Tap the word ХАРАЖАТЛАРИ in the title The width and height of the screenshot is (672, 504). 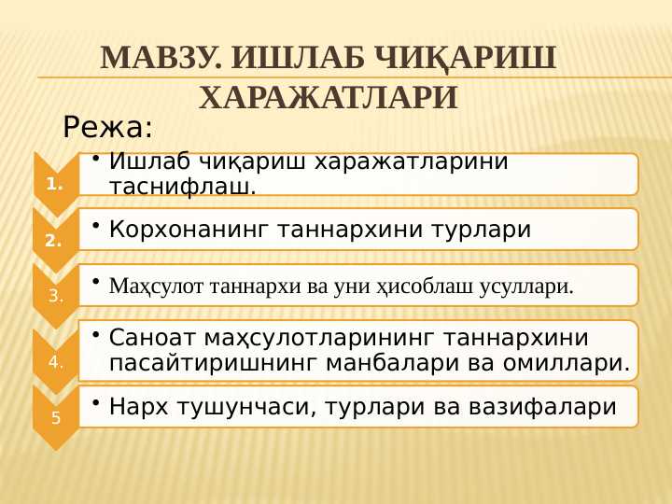click(329, 98)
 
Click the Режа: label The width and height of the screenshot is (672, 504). click(107, 127)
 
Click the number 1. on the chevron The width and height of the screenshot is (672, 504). click(54, 185)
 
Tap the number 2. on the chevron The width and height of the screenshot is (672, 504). click(53, 241)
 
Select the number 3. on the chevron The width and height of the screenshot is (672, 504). click(56, 296)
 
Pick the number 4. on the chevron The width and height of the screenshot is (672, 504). click(56, 362)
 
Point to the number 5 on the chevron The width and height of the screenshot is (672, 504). click(56, 417)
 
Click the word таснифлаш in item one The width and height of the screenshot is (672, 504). click(183, 187)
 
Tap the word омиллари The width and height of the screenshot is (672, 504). click(567, 363)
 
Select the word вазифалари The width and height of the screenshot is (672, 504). click(541, 406)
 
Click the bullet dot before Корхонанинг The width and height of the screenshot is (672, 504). click(96, 225)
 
